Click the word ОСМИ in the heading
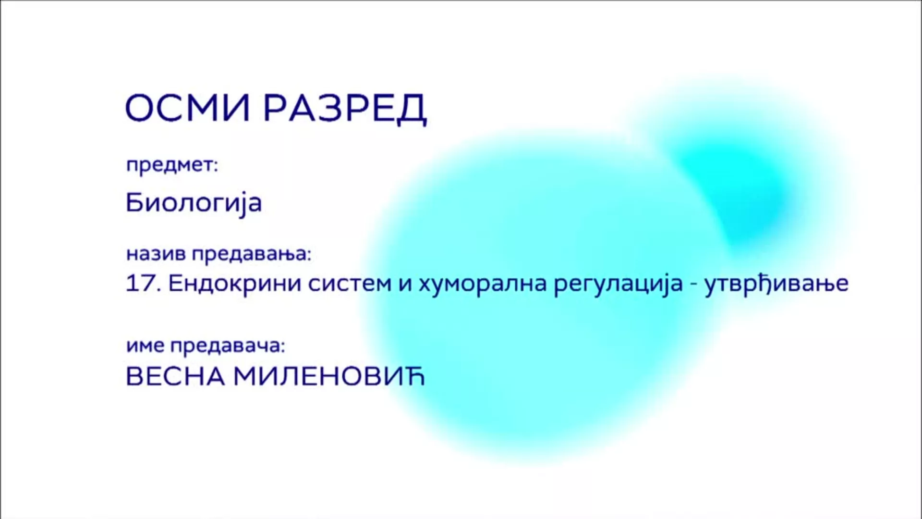tap(188, 108)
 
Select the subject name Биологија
tap(194, 202)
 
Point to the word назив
tap(157, 253)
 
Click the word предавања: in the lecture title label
tap(252, 254)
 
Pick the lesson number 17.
tap(143, 283)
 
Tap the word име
tap(146, 346)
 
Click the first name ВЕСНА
tap(175, 377)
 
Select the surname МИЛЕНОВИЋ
tap(329, 376)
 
